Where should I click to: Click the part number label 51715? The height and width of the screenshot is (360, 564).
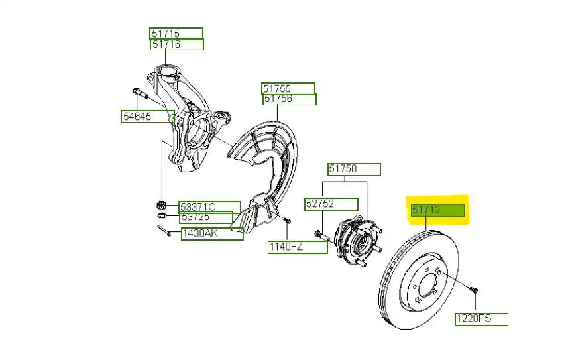(x=176, y=34)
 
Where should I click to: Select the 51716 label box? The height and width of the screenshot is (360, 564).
(x=176, y=44)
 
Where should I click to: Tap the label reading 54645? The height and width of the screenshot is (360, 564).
(x=147, y=117)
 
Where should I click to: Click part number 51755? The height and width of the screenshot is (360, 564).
(x=288, y=88)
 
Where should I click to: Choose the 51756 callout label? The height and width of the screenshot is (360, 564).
(x=289, y=99)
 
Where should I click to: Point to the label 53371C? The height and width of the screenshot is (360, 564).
(x=209, y=206)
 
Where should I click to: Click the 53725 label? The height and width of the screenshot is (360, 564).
(x=206, y=217)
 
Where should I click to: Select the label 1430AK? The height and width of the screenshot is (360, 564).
(x=212, y=233)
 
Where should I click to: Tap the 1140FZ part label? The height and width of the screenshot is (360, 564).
(x=298, y=247)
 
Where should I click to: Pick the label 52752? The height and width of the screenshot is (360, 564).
(x=331, y=204)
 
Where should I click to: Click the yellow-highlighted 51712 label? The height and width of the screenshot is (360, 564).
(x=437, y=211)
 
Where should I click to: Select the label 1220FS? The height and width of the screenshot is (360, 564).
(x=481, y=320)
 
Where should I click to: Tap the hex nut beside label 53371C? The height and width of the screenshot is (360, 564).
(x=162, y=204)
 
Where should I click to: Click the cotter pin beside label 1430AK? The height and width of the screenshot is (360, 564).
(x=165, y=231)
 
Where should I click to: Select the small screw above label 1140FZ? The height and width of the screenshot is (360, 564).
(x=287, y=220)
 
